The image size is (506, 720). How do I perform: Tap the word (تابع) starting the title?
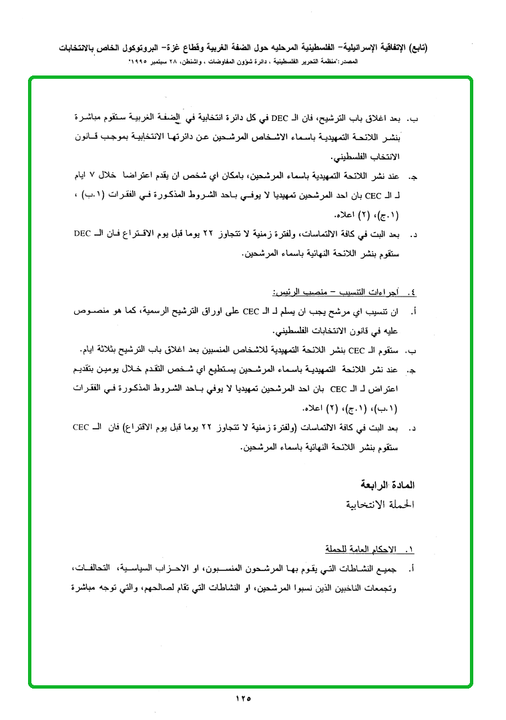[417, 48]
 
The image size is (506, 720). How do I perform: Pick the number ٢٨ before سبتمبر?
[186, 61]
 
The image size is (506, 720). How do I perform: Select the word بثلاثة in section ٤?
[114, 350]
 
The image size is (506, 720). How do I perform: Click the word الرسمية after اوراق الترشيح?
[148, 311]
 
